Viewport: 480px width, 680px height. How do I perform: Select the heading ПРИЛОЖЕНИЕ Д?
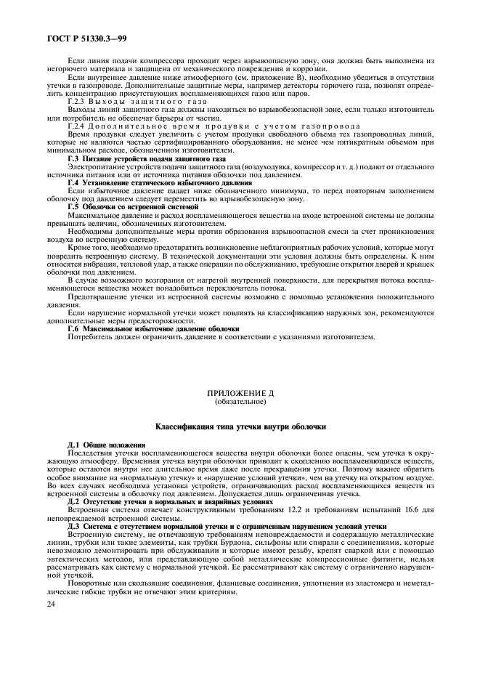pos(240,393)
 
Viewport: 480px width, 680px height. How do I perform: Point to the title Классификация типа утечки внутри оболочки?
pos(240,427)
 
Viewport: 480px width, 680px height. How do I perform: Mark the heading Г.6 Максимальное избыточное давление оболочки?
pos(153,329)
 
